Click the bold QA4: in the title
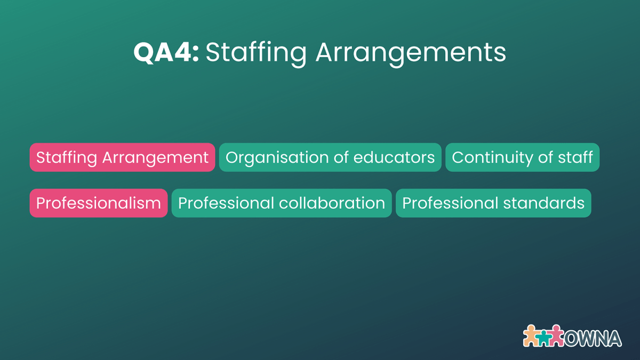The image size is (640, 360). (166, 52)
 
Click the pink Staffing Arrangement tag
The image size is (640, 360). (122, 157)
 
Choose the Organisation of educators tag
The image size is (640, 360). (330, 157)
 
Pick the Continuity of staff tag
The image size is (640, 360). (522, 157)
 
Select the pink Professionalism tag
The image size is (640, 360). (99, 203)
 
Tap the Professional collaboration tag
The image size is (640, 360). (282, 203)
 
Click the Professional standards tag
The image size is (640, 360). (493, 203)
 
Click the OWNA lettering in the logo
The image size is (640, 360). (593, 338)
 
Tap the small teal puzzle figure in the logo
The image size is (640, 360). (544, 337)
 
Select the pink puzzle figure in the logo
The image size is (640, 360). (556, 335)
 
